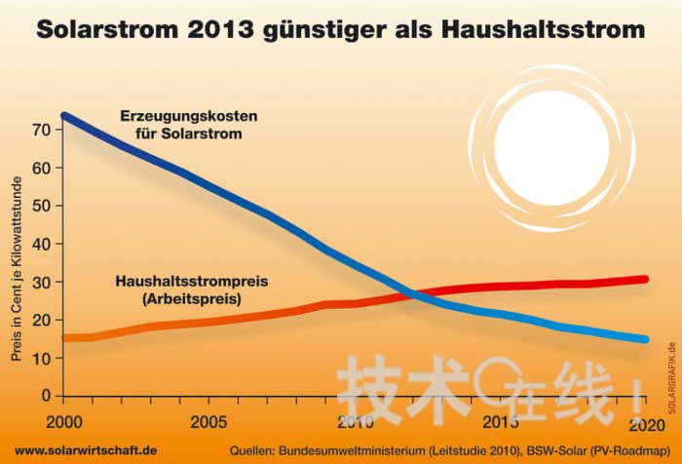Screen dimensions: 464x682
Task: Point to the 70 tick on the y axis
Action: pos(42,130)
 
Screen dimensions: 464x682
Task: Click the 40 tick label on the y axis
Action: pos(42,244)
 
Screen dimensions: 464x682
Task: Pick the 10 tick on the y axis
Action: pos(42,358)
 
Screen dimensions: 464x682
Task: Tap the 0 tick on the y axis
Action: pos(46,396)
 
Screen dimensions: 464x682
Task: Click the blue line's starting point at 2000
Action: pos(64,116)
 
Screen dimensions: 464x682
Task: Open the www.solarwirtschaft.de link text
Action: pos(86,450)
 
